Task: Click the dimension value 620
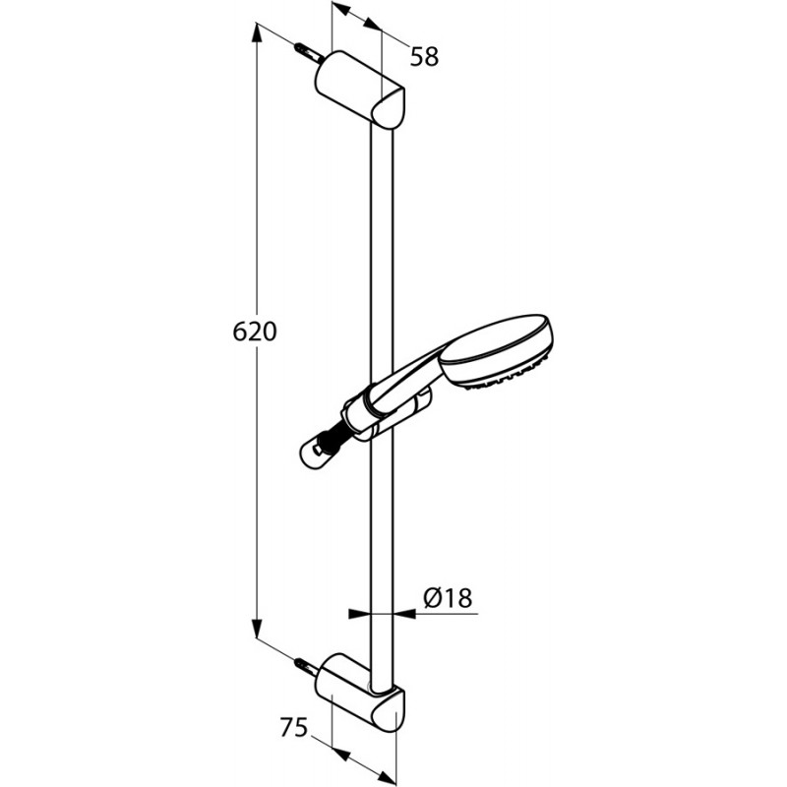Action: pyautogui.click(x=255, y=332)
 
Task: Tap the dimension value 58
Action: pyautogui.click(x=424, y=56)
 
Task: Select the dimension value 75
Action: pyautogui.click(x=293, y=727)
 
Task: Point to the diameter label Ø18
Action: pyautogui.click(x=448, y=598)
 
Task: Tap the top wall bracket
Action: pyautogui.click(x=359, y=89)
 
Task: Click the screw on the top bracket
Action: pyautogui.click(x=308, y=53)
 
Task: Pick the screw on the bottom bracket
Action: pyautogui.click(x=308, y=667)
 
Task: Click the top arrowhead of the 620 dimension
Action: pyautogui.click(x=257, y=34)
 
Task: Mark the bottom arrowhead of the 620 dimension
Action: pyautogui.click(x=257, y=628)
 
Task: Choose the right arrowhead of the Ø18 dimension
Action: pyautogui.click(x=404, y=613)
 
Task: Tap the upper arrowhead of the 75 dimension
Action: pyautogui.click(x=341, y=756)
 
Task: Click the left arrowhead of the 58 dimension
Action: pyautogui.click(x=341, y=9)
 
